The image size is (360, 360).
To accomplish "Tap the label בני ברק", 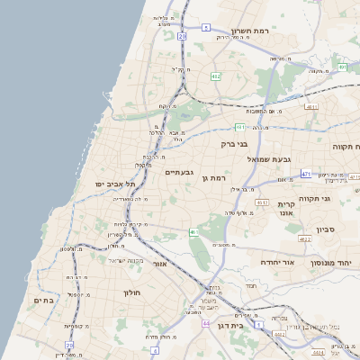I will point(235,143).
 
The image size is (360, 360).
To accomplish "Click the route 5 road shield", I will point(205,28).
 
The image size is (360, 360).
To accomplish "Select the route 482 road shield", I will point(216,76).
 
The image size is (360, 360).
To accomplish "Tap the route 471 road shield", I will point(307,174).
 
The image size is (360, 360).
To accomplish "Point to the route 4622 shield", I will point(305,238).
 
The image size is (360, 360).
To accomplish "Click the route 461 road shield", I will point(192,232).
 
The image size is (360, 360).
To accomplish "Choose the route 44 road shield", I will point(206,322).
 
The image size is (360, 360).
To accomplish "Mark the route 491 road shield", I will point(342,67).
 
